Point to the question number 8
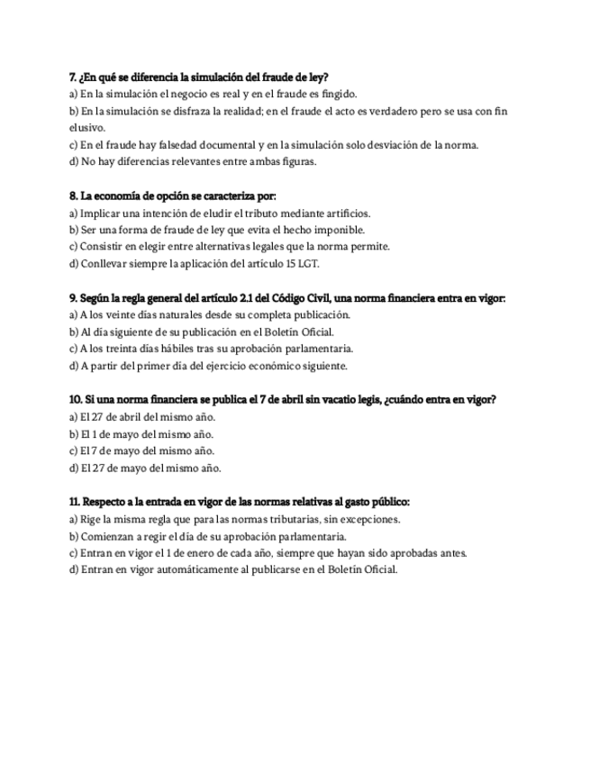[73, 196]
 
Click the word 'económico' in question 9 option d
[277, 366]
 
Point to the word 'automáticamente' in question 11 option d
[170, 570]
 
